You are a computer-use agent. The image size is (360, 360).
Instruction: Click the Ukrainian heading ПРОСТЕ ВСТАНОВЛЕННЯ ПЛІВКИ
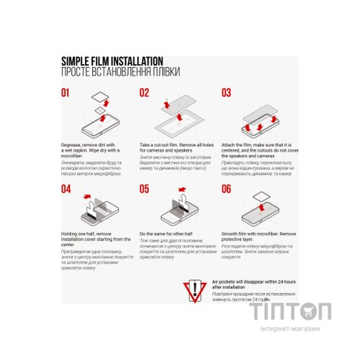click(x=120, y=73)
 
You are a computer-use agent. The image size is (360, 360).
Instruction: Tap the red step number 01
click(x=66, y=93)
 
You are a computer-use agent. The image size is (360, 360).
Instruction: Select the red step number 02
click(x=145, y=93)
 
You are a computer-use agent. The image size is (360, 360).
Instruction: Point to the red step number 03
click(x=226, y=93)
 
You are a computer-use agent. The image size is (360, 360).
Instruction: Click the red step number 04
click(x=66, y=189)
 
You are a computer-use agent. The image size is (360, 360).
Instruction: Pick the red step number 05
click(x=145, y=189)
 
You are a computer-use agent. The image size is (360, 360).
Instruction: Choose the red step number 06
click(x=226, y=189)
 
